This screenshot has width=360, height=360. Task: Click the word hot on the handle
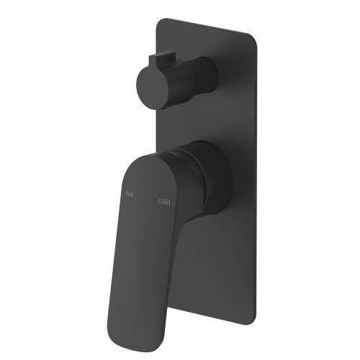(130, 194)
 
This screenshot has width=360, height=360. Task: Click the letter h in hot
(127, 193)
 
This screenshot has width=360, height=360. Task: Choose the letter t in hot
(133, 194)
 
